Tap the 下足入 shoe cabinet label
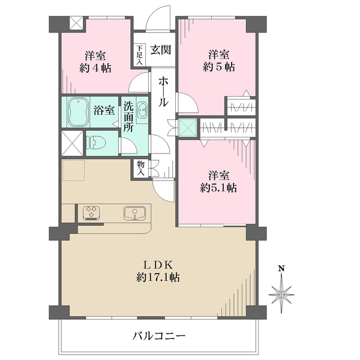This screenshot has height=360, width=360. pos(139,54)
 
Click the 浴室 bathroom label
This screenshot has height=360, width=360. pos(104,110)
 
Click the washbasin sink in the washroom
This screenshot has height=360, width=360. pos(142,110)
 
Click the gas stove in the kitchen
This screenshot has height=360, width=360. pos(92,212)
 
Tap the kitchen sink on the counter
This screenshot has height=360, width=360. pos(133,212)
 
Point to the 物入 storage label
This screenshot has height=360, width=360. pos(140,167)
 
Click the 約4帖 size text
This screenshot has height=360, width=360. pos(95,67)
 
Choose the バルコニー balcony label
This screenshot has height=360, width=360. pos(158,336)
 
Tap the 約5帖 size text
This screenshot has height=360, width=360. pos(217,67)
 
